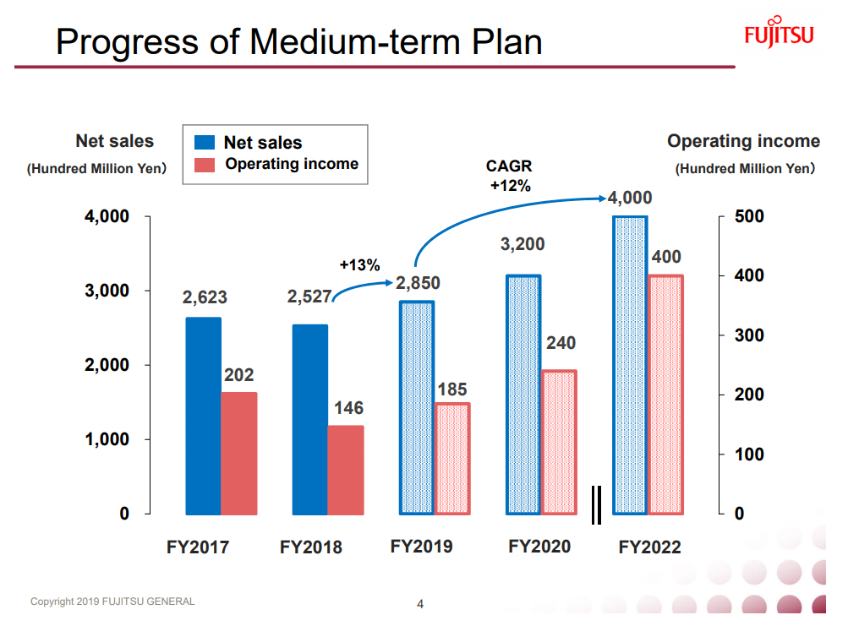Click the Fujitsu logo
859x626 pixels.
click(779, 34)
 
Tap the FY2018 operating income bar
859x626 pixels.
click(346, 470)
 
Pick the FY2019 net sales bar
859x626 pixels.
click(416, 407)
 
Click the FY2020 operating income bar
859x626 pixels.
click(558, 442)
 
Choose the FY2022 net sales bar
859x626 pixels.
click(630, 365)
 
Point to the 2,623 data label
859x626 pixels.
click(205, 297)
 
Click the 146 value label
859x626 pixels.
click(348, 408)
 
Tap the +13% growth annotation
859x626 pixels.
click(359, 265)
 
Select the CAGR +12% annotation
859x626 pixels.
click(509, 177)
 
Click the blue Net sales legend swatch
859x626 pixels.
click(205, 143)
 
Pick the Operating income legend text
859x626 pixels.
click(292, 164)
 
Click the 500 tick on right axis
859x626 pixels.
click(748, 216)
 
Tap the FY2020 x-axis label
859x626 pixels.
click(539, 547)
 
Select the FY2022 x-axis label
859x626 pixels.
click(649, 547)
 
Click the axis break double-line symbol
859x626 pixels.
click(596, 504)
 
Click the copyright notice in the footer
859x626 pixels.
click(112, 602)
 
